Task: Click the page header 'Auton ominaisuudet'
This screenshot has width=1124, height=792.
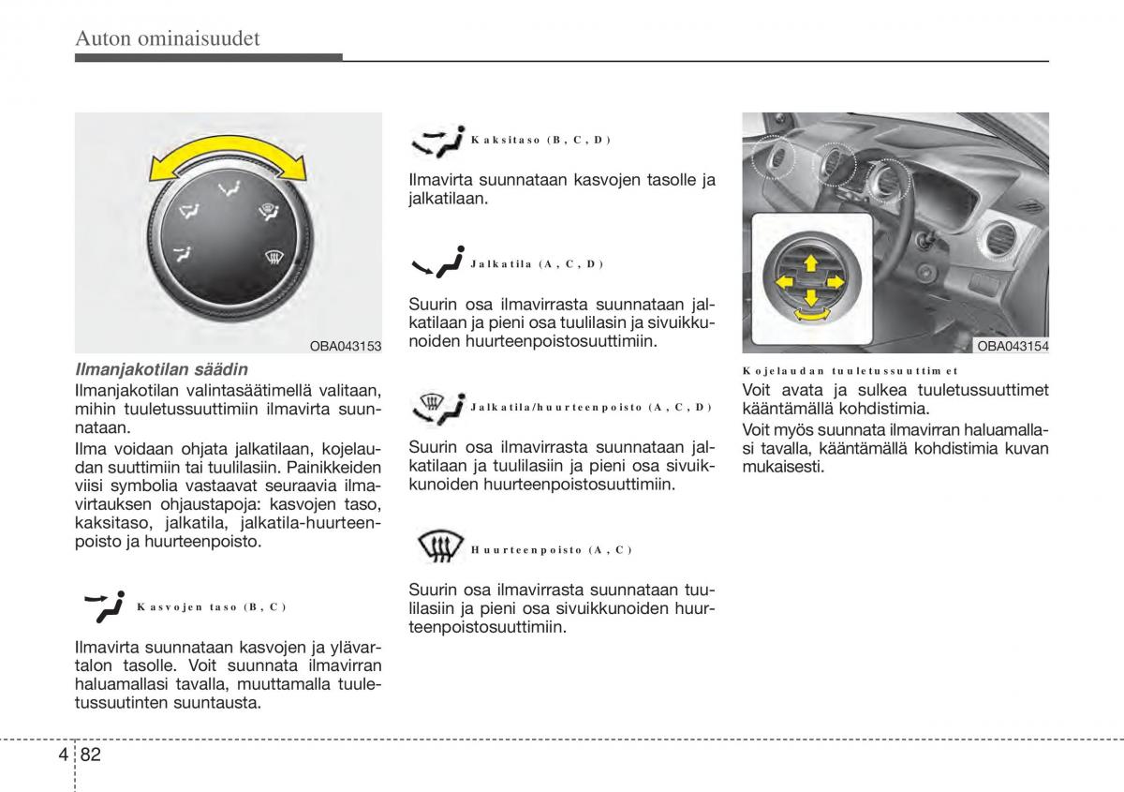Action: (168, 39)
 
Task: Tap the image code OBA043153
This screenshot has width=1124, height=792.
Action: (346, 347)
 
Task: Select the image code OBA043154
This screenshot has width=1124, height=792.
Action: (1013, 347)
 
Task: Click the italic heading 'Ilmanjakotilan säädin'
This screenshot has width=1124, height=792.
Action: (161, 370)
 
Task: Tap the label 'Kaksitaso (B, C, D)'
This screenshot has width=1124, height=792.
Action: (540, 141)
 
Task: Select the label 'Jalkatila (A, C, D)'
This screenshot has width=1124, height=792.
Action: (537, 264)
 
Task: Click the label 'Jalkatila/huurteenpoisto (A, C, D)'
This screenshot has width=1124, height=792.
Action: (591, 408)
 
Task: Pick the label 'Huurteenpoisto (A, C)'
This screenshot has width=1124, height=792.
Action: (552, 550)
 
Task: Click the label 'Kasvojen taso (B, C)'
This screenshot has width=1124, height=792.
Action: (211, 607)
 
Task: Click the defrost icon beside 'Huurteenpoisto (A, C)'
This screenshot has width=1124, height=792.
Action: (438, 545)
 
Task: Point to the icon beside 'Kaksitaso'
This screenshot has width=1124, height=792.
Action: (437, 141)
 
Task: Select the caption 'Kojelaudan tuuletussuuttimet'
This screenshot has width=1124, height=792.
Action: (850, 371)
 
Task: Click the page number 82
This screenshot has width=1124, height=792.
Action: (90, 754)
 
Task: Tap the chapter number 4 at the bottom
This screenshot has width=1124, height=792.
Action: (61, 754)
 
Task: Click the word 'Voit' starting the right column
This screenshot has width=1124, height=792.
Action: (760, 390)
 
